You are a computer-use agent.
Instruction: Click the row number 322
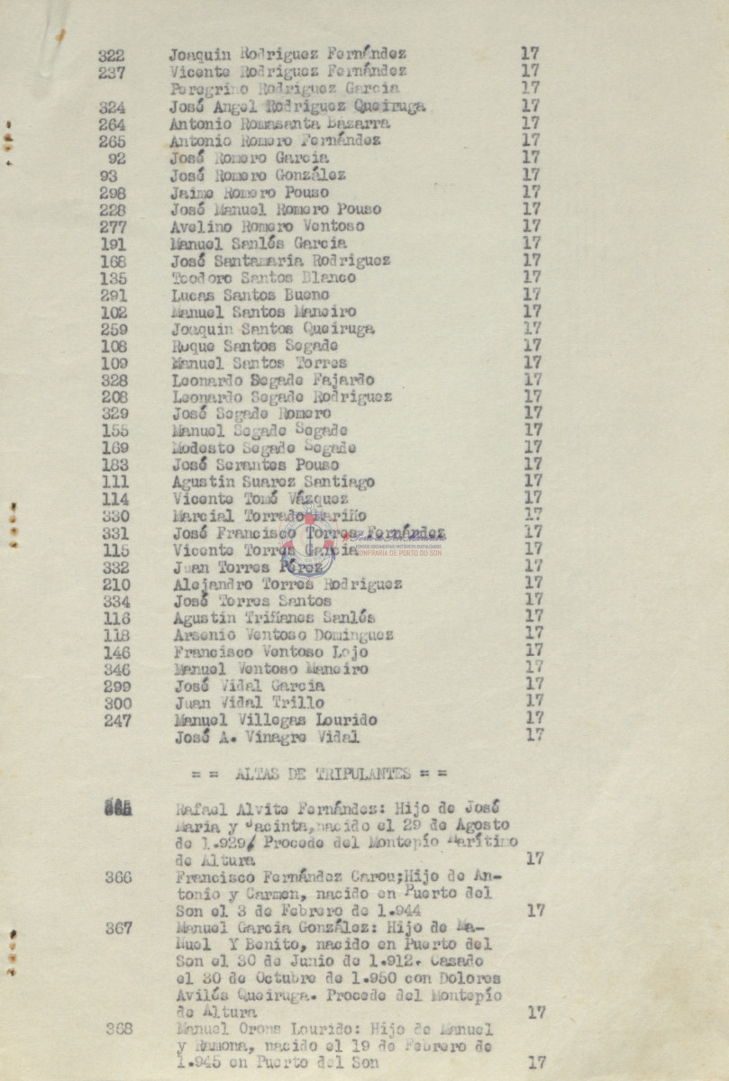click(112, 55)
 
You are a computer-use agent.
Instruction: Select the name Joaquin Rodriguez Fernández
click(287, 54)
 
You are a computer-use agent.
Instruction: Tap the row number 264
click(112, 124)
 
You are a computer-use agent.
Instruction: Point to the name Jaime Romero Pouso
click(250, 192)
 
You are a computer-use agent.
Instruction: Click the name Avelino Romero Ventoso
click(268, 226)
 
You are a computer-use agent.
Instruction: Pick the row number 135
click(114, 278)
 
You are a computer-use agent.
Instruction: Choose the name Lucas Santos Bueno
click(251, 295)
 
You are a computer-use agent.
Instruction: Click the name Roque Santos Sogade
click(255, 346)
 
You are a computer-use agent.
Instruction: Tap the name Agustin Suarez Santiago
click(273, 482)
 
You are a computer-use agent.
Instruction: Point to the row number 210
click(115, 585)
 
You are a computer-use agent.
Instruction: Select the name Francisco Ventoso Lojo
click(271, 652)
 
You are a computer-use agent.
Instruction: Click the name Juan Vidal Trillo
click(249, 703)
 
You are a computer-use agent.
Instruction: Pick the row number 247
click(116, 721)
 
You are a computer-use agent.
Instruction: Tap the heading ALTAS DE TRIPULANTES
click(321, 774)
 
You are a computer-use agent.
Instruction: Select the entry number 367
click(118, 928)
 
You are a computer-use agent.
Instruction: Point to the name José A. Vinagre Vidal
click(267, 738)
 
